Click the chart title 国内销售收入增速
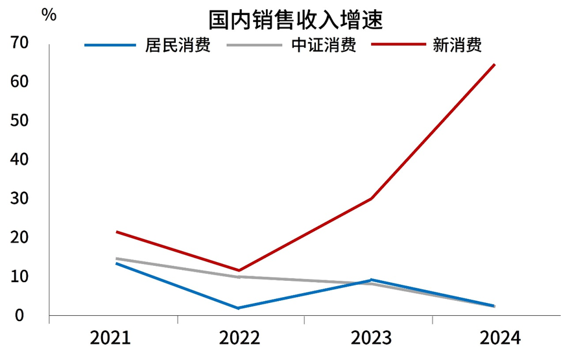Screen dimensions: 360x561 (296, 20)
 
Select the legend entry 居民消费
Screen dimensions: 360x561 (177, 45)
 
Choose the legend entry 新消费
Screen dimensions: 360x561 (457, 45)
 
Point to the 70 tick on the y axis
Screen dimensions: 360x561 (20, 43)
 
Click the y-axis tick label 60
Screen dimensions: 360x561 (20, 82)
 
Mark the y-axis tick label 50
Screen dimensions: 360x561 (20, 121)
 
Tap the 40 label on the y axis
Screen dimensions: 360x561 (20, 160)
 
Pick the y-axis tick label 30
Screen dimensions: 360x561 (20, 199)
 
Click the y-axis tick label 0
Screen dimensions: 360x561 (20, 316)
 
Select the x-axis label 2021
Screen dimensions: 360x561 (110, 338)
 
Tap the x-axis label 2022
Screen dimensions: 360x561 (239, 338)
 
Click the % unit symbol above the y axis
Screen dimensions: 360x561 (49, 15)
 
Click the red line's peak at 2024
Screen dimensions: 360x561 (495, 64)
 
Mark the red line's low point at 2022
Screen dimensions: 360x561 (239, 270)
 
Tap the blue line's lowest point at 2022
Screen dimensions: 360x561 (239, 308)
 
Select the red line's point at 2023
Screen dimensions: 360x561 (371, 198)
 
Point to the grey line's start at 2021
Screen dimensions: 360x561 (115, 259)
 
